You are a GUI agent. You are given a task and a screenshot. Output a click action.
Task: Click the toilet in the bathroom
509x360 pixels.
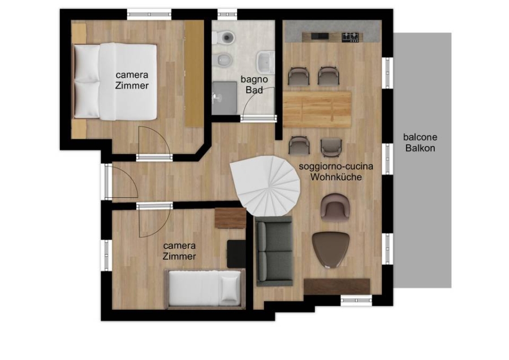(x=226, y=38)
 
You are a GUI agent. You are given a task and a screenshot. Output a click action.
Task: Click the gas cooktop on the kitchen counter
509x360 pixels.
(x=351, y=37)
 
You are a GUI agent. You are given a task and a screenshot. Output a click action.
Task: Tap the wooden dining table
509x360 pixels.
(x=317, y=109)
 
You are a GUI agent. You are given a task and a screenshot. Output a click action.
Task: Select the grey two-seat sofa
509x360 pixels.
(x=274, y=251)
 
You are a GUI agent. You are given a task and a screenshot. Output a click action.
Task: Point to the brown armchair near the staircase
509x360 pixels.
(x=335, y=206)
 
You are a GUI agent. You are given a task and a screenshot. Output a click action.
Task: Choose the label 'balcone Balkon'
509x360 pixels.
(x=420, y=143)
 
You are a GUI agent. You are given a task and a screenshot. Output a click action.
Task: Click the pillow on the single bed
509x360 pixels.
(x=230, y=288)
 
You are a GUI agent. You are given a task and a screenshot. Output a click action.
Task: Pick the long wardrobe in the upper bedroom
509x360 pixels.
(x=193, y=73)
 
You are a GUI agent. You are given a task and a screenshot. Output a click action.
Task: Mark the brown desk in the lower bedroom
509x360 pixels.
(x=230, y=218)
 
